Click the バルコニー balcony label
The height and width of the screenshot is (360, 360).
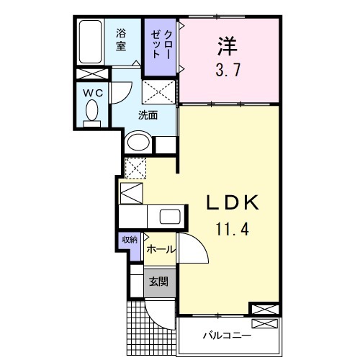pyautogui.click(x=226, y=336)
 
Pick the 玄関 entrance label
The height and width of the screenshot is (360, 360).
pyautogui.click(x=158, y=281)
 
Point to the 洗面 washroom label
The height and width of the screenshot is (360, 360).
pyautogui.click(x=148, y=114)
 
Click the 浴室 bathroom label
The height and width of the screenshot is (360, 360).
pyautogui.click(x=123, y=38)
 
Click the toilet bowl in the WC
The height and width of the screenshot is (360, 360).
pyautogui.click(x=92, y=112)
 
